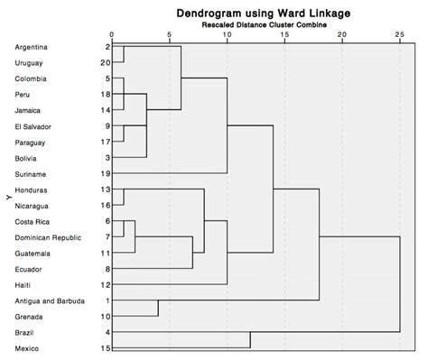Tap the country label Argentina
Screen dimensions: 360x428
[x=33, y=46]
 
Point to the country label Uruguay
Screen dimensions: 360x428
[x=30, y=62]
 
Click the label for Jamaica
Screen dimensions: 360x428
[x=30, y=109]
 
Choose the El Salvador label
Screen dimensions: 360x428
[x=33, y=125]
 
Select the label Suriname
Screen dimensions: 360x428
[x=31, y=173]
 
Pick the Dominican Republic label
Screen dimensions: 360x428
[x=49, y=236]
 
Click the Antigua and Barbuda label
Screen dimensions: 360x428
[x=51, y=300]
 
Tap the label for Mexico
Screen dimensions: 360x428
[x=28, y=348]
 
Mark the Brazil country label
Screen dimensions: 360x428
[x=26, y=332]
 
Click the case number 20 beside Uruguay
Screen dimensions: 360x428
[x=105, y=62]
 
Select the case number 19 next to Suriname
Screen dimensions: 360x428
[x=105, y=173]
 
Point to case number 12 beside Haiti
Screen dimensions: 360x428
[x=105, y=284]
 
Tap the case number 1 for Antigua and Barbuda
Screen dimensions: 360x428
[x=107, y=300]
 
